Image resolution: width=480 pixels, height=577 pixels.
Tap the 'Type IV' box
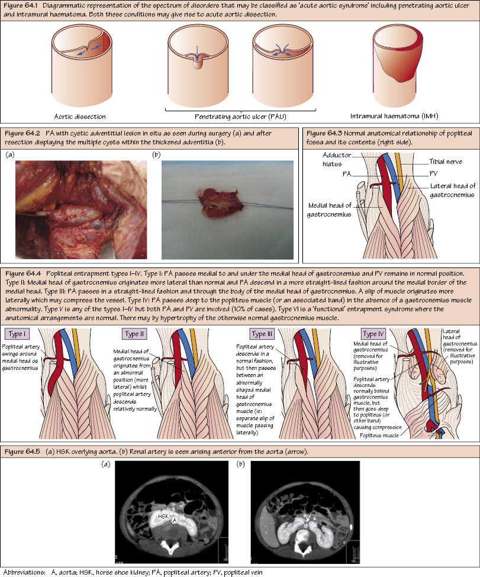pyautogui.click(x=376, y=334)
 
